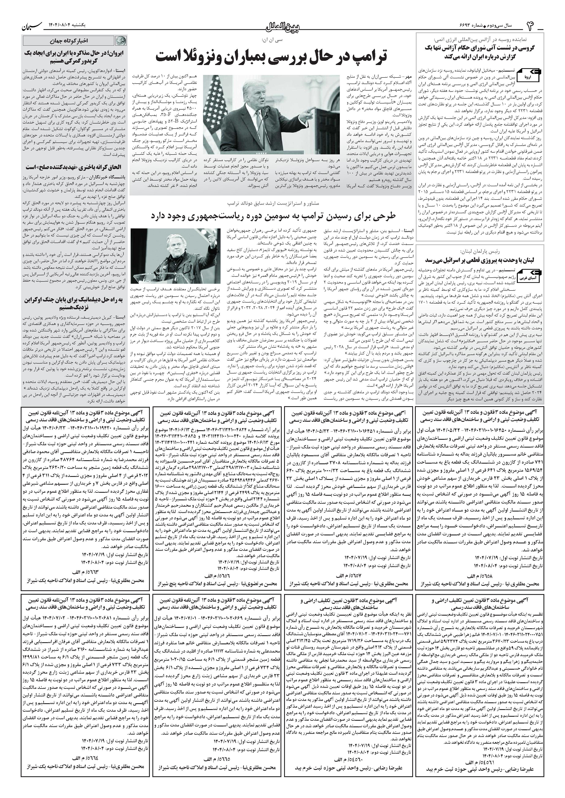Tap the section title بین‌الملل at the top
coord(282,26)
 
